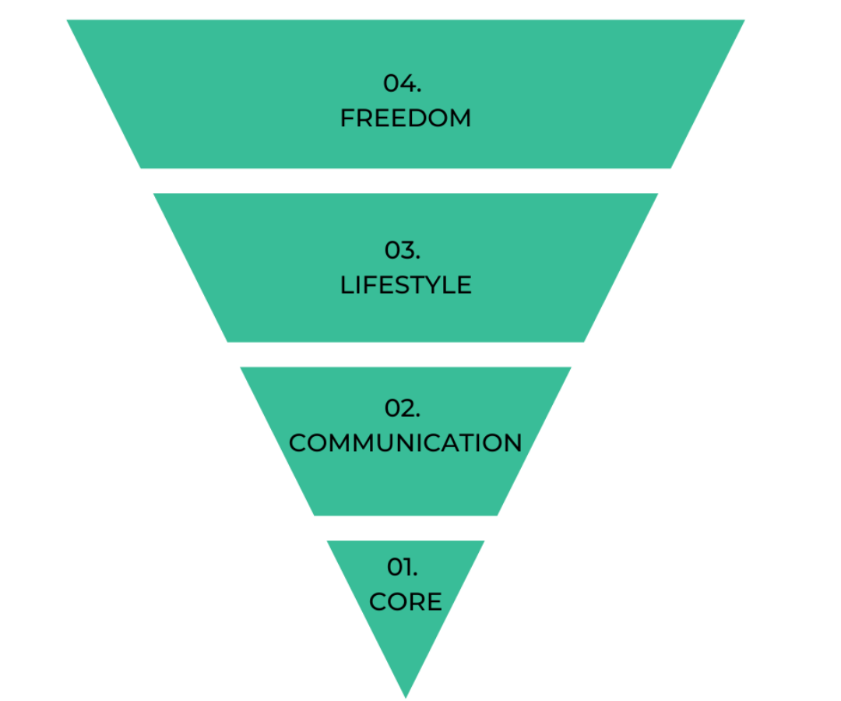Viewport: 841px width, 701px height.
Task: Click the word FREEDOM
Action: tap(406, 118)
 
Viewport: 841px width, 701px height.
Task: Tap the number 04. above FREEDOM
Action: tap(403, 83)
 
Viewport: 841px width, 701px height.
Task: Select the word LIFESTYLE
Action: tap(406, 285)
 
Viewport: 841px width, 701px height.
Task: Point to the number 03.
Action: tap(403, 250)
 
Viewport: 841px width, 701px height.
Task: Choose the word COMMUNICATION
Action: tap(406, 443)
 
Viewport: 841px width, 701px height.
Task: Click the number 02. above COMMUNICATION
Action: tap(403, 408)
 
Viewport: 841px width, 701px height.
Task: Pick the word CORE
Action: tap(406, 601)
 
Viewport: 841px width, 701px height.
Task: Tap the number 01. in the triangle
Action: tap(403, 567)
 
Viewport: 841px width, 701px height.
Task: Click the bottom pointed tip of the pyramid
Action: tap(406, 695)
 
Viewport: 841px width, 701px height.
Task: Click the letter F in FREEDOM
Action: tap(347, 118)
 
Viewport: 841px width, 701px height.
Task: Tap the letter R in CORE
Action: tap(417, 601)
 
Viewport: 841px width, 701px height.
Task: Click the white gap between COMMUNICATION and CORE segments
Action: tap(406, 528)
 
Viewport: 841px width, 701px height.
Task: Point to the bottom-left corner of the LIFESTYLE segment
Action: tap(228, 340)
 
